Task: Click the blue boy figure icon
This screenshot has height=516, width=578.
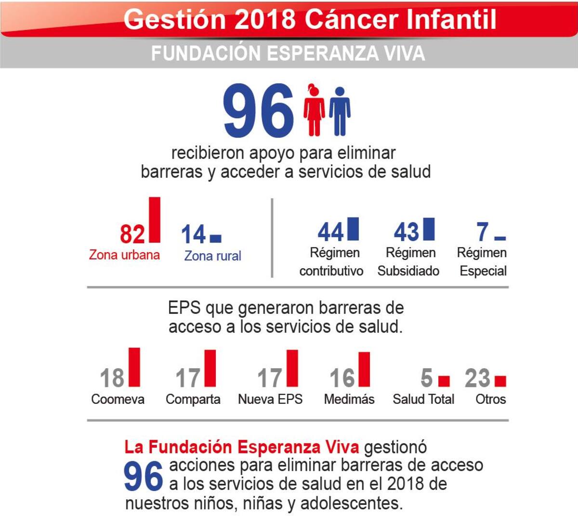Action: (x=340, y=111)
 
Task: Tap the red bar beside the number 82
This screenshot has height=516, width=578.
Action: (x=155, y=219)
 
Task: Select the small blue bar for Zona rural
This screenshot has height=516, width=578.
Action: (x=216, y=238)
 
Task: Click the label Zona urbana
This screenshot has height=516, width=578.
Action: (x=124, y=255)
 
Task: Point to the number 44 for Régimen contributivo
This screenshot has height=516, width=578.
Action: (x=330, y=232)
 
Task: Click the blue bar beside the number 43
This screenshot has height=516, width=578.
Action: (x=429, y=229)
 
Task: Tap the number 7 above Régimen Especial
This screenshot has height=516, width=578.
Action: (x=483, y=232)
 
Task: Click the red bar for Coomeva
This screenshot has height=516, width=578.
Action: (x=134, y=367)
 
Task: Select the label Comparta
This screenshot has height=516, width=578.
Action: (x=193, y=399)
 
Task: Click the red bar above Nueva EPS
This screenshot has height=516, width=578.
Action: (x=292, y=368)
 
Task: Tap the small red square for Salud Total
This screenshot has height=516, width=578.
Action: (x=444, y=381)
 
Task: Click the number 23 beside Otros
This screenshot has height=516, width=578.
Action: (x=477, y=378)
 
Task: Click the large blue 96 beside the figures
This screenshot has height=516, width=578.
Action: (x=259, y=111)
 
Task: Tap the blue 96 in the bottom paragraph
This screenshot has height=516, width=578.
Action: (x=143, y=477)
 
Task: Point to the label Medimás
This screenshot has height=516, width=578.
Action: (x=349, y=399)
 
